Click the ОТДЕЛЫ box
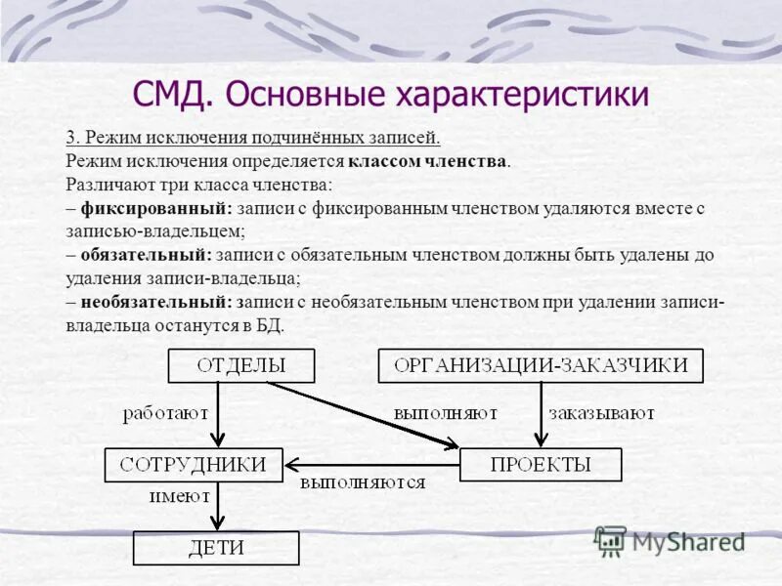tap(241, 366)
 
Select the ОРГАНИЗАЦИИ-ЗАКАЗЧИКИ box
tap(541, 366)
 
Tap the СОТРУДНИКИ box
tap(193, 465)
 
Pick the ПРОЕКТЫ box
tap(540, 465)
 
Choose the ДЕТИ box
tap(215, 547)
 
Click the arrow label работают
tap(165, 414)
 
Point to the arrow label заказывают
tap(601, 414)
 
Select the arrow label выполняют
tap(447, 414)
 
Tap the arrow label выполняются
tap(363, 483)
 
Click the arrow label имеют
tap(177, 496)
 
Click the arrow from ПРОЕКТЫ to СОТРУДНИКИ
tap(371, 465)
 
